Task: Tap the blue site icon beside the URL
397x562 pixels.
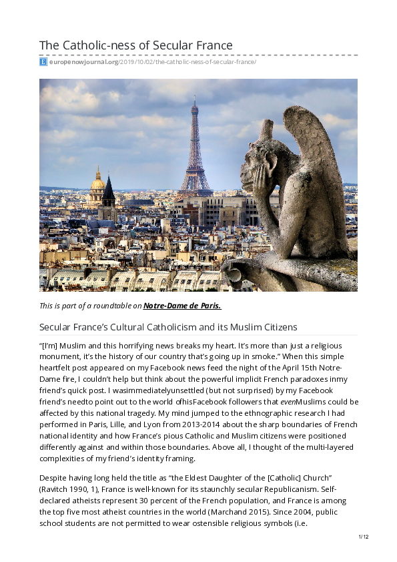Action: tap(43, 62)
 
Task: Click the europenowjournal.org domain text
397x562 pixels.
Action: tap(83, 62)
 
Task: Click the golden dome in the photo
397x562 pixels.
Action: tap(98, 182)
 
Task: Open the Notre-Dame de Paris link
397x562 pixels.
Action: tap(182, 306)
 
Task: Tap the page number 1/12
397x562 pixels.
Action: tap(363, 537)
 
